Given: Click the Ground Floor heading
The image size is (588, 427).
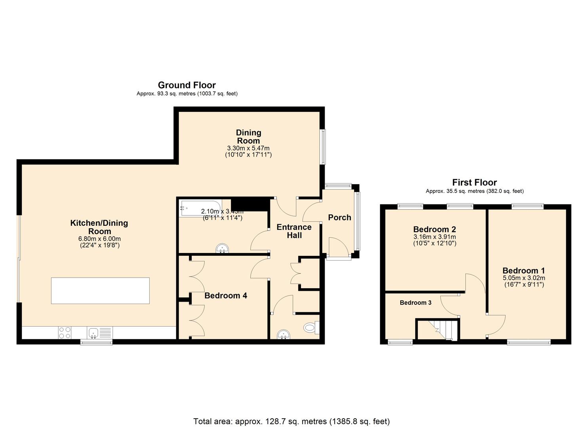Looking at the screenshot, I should pyautogui.click(x=186, y=85).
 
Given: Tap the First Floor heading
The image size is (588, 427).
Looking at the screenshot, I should pyautogui.click(x=474, y=182).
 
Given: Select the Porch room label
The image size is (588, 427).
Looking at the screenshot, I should pyautogui.click(x=339, y=217).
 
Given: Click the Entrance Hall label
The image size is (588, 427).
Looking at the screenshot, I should pyautogui.click(x=294, y=231).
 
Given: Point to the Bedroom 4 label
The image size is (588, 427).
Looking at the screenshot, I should pyautogui.click(x=226, y=296).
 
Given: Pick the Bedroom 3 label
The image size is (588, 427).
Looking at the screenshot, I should pyautogui.click(x=415, y=303).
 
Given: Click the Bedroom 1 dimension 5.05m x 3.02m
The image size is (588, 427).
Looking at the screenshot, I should pyautogui.click(x=523, y=278).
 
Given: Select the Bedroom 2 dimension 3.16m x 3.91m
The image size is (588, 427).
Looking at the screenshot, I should pyautogui.click(x=434, y=237).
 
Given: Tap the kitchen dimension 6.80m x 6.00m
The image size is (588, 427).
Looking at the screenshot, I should pyautogui.click(x=99, y=239).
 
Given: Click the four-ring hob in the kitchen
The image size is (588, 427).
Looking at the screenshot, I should pyautogui.click(x=65, y=333).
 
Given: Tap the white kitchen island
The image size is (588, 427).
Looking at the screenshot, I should pyautogui.click(x=100, y=291).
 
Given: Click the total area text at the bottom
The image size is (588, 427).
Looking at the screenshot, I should pyautogui.click(x=291, y=421).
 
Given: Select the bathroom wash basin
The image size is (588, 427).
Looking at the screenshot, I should pyautogui.click(x=223, y=249).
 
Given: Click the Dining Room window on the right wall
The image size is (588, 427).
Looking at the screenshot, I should pyautogui.click(x=323, y=146).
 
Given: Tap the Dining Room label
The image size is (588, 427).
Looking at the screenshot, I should pyautogui.click(x=248, y=136).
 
